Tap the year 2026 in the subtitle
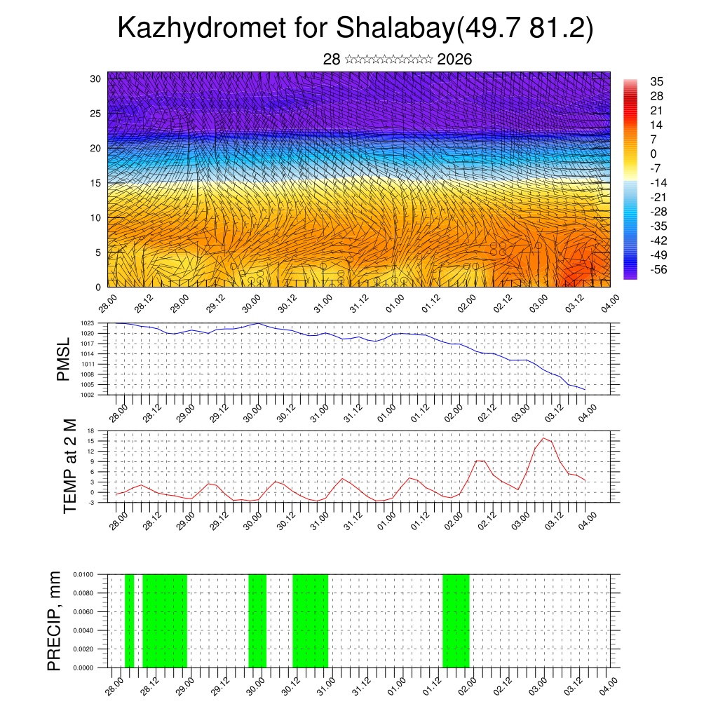(454, 60)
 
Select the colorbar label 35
(657, 82)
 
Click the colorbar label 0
(653, 154)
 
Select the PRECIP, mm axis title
(55, 621)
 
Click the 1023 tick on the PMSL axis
(87, 323)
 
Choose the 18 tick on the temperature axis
(91, 430)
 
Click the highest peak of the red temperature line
(543, 438)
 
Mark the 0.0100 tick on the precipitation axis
(83, 574)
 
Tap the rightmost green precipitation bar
(456, 621)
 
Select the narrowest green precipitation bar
(129, 621)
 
